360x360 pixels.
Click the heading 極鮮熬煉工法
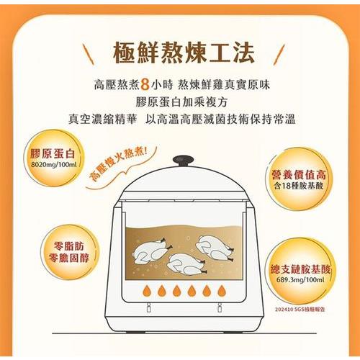(184, 53)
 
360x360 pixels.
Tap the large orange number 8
(145, 85)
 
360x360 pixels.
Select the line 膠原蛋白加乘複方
(181, 102)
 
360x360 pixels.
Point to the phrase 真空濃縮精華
(102, 119)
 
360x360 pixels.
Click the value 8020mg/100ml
(54, 165)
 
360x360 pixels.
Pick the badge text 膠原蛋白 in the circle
(53, 153)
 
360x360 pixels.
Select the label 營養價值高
(299, 174)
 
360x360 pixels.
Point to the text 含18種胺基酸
(299, 186)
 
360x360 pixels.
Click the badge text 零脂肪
(69, 246)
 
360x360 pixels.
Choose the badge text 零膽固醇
(69, 258)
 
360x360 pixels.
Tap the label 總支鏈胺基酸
(300, 269)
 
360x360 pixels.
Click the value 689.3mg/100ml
(300, 280)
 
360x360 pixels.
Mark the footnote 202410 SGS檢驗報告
(300, 310)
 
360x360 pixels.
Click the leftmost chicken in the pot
(152, 251)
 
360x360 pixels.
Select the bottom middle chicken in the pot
(186, 264)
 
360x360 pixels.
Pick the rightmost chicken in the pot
(215, 248)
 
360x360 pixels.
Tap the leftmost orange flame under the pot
(147, 291)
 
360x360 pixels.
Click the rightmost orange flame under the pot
(222, 291)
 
